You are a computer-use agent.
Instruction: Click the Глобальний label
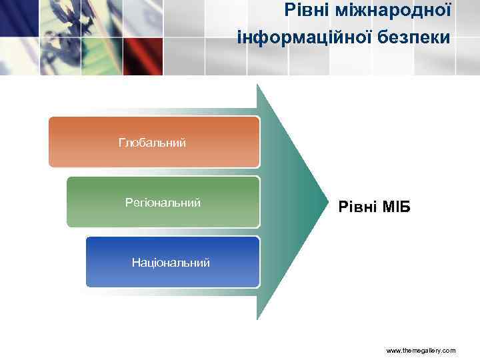152,143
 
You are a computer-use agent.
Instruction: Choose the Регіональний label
163,202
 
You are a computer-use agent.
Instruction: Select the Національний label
171,263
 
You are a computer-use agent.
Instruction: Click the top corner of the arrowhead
258,85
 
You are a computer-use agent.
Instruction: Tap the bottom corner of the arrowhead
258,319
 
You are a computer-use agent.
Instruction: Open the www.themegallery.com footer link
421,349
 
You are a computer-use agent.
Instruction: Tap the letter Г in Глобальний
121,143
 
